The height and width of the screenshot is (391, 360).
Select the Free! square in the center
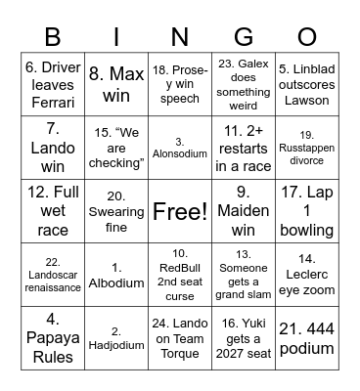pos(180,210)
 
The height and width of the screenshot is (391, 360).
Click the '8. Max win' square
pos(116,83)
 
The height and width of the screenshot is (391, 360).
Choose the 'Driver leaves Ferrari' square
pos(53,83)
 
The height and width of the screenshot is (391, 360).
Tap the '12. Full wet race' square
pos(53,210)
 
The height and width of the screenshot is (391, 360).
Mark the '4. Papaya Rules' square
pos(53,337)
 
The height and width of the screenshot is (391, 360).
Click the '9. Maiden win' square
pos(244,210)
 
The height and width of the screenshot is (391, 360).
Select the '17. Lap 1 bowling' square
pos(306,210)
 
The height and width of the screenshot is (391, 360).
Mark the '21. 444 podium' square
pos(306,337)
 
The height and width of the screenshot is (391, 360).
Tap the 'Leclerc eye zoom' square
pos(306,274)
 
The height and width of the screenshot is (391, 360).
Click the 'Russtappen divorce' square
pos(306,147)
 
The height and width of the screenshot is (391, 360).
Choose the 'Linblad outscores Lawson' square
pos(306,83)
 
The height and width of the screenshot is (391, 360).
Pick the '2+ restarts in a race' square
pos(244,147)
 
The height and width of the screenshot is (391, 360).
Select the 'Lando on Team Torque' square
pos(180,337)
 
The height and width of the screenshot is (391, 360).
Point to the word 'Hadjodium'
pos(116,344)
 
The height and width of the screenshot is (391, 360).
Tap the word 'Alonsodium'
pos(180,153)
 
